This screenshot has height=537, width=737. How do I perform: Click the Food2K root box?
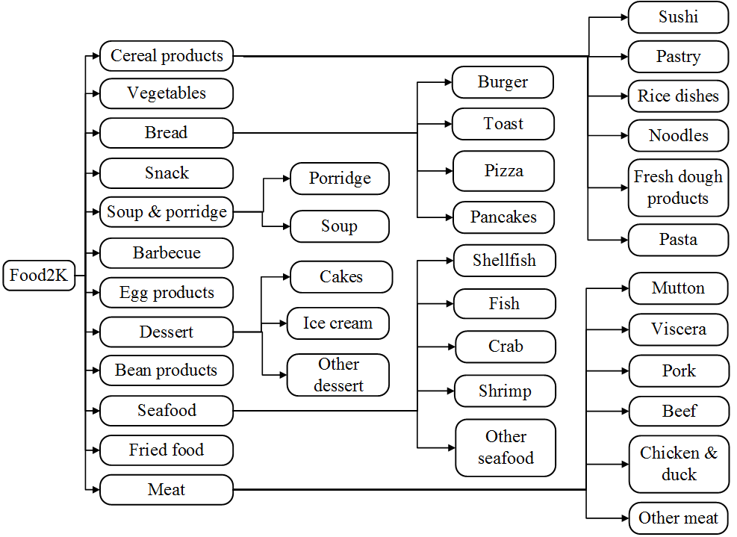pos(39,276)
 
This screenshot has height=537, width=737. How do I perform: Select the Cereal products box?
pos(167,56)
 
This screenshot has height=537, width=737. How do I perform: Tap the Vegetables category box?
pos(167,93)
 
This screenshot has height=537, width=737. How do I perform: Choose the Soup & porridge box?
pos(167,212)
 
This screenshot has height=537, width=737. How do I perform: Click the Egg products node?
pos(167,293)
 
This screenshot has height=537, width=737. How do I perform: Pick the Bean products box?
pos(167,370)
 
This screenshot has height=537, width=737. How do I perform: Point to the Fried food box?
pos(167,450)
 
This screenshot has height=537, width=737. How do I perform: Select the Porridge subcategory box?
pos(340,179)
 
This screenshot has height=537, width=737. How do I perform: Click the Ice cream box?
pos(338,323)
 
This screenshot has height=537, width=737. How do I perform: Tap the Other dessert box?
pos(338,375)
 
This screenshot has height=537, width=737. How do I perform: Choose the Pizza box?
pos(503,171)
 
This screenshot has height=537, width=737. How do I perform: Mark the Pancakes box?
pos(503,217)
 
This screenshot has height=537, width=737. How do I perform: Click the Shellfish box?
pos(504,261)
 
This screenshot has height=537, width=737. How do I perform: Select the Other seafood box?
pos(506,447)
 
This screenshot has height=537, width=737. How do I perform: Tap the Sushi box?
pos(678,17)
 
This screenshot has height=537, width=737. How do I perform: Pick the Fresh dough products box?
pos(678,187)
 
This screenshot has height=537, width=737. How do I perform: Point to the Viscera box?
pos(678,329)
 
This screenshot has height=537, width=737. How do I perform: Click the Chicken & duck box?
pos(679,464)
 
